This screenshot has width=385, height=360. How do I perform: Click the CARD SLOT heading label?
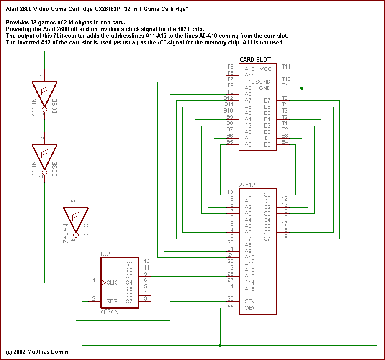point(255,59)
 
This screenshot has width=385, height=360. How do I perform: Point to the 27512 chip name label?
point(247,185)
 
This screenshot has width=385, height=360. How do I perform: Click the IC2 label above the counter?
point(105,254)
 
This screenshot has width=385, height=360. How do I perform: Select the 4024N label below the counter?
point(110,312)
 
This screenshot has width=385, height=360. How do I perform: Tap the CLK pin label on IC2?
point(112,283)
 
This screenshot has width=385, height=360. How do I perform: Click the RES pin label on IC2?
point(112,301)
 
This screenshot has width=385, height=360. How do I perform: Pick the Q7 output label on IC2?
point(129,301)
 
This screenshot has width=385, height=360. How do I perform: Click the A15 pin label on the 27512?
point(250,289)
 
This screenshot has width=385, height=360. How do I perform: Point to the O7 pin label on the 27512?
point(267,239)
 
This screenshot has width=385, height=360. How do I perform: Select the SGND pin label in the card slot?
point(263,82)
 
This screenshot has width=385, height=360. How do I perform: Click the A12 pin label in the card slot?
point(249,69)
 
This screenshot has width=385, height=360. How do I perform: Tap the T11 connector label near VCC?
point(286,67)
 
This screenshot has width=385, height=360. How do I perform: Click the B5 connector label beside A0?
point(230,142)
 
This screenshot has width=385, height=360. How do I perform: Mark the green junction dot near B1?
point(302,88)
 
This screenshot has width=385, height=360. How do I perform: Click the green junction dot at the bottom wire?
point(220,345)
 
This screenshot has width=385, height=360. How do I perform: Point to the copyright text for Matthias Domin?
point(37,352)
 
